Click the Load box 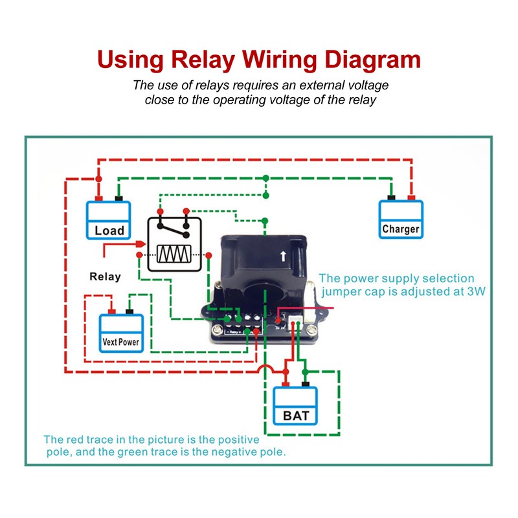pos(108,220)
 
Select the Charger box pos(401,219)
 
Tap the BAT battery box pos(295,406)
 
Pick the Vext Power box pos(121,333)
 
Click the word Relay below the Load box pos(105,276)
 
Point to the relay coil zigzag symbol pos(174,254)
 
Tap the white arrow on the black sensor pos(283,256)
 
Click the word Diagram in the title pos(373,60)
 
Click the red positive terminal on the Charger pos(411,197)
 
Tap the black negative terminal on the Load pos(118,199)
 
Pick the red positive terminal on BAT pos(286,384)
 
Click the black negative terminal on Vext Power pos(129,311)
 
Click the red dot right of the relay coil pos(208,255)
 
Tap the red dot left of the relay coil pos(139,254)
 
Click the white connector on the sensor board pos(295,321)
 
